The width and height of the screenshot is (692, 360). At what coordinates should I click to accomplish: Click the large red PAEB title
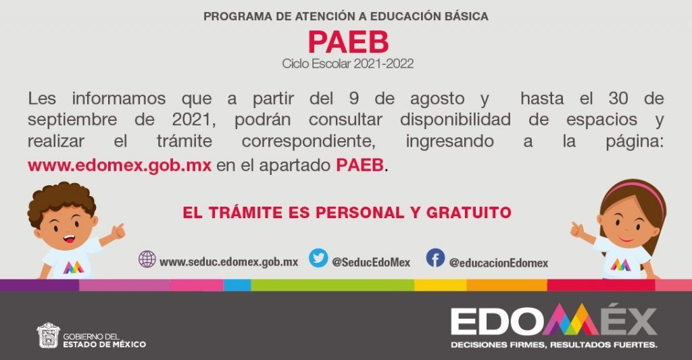coord(348,42)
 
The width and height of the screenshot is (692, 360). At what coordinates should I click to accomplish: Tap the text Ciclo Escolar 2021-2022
coord(348,64)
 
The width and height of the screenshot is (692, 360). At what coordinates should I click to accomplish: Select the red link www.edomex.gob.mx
coord(120,165)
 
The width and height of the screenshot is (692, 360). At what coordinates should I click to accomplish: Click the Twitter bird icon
coord(318,258)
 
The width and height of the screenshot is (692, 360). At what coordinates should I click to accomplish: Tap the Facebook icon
coord(435,258)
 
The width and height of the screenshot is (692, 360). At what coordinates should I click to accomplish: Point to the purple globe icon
coord(147,259)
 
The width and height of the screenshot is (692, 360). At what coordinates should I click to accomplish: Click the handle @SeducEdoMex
coord(371,263)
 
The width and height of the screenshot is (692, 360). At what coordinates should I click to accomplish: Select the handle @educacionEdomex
coord(499,263)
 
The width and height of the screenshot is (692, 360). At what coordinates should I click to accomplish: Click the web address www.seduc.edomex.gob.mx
coord(228,262)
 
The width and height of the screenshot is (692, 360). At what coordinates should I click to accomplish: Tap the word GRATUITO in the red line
coord(468,213)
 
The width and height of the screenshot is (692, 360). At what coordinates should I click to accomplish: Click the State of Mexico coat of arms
coord(48,335)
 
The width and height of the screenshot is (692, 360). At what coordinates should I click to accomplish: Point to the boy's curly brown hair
coord(61,199)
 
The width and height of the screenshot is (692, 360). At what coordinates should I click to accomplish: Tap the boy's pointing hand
coord(118,231)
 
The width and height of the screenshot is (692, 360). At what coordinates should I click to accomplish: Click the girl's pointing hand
coord(577,230)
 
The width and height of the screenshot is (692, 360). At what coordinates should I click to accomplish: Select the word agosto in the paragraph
coord(437,99)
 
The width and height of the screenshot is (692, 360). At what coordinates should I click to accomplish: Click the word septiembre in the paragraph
coord(72,120)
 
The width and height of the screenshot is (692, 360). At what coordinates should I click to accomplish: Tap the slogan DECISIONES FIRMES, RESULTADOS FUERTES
coord(554,344)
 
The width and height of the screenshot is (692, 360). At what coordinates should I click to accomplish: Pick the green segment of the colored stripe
coord(332,285)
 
